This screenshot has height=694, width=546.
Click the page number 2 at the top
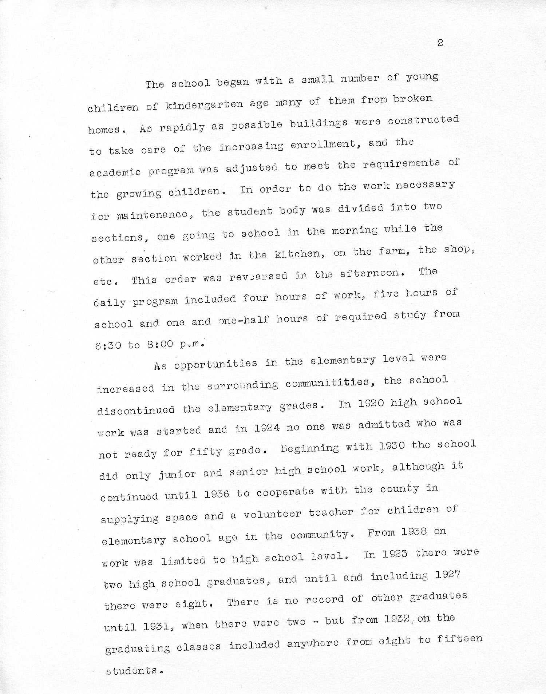tap(440, 43)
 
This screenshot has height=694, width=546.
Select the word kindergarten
tap(204, 105)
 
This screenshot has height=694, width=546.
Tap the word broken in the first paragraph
tap(413, 99)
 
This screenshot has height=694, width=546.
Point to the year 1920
tap(371, 404)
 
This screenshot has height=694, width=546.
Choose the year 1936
tap(217, 494)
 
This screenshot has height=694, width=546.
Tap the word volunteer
tap(272, 514)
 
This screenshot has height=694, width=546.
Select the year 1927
tap(448, 575)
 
